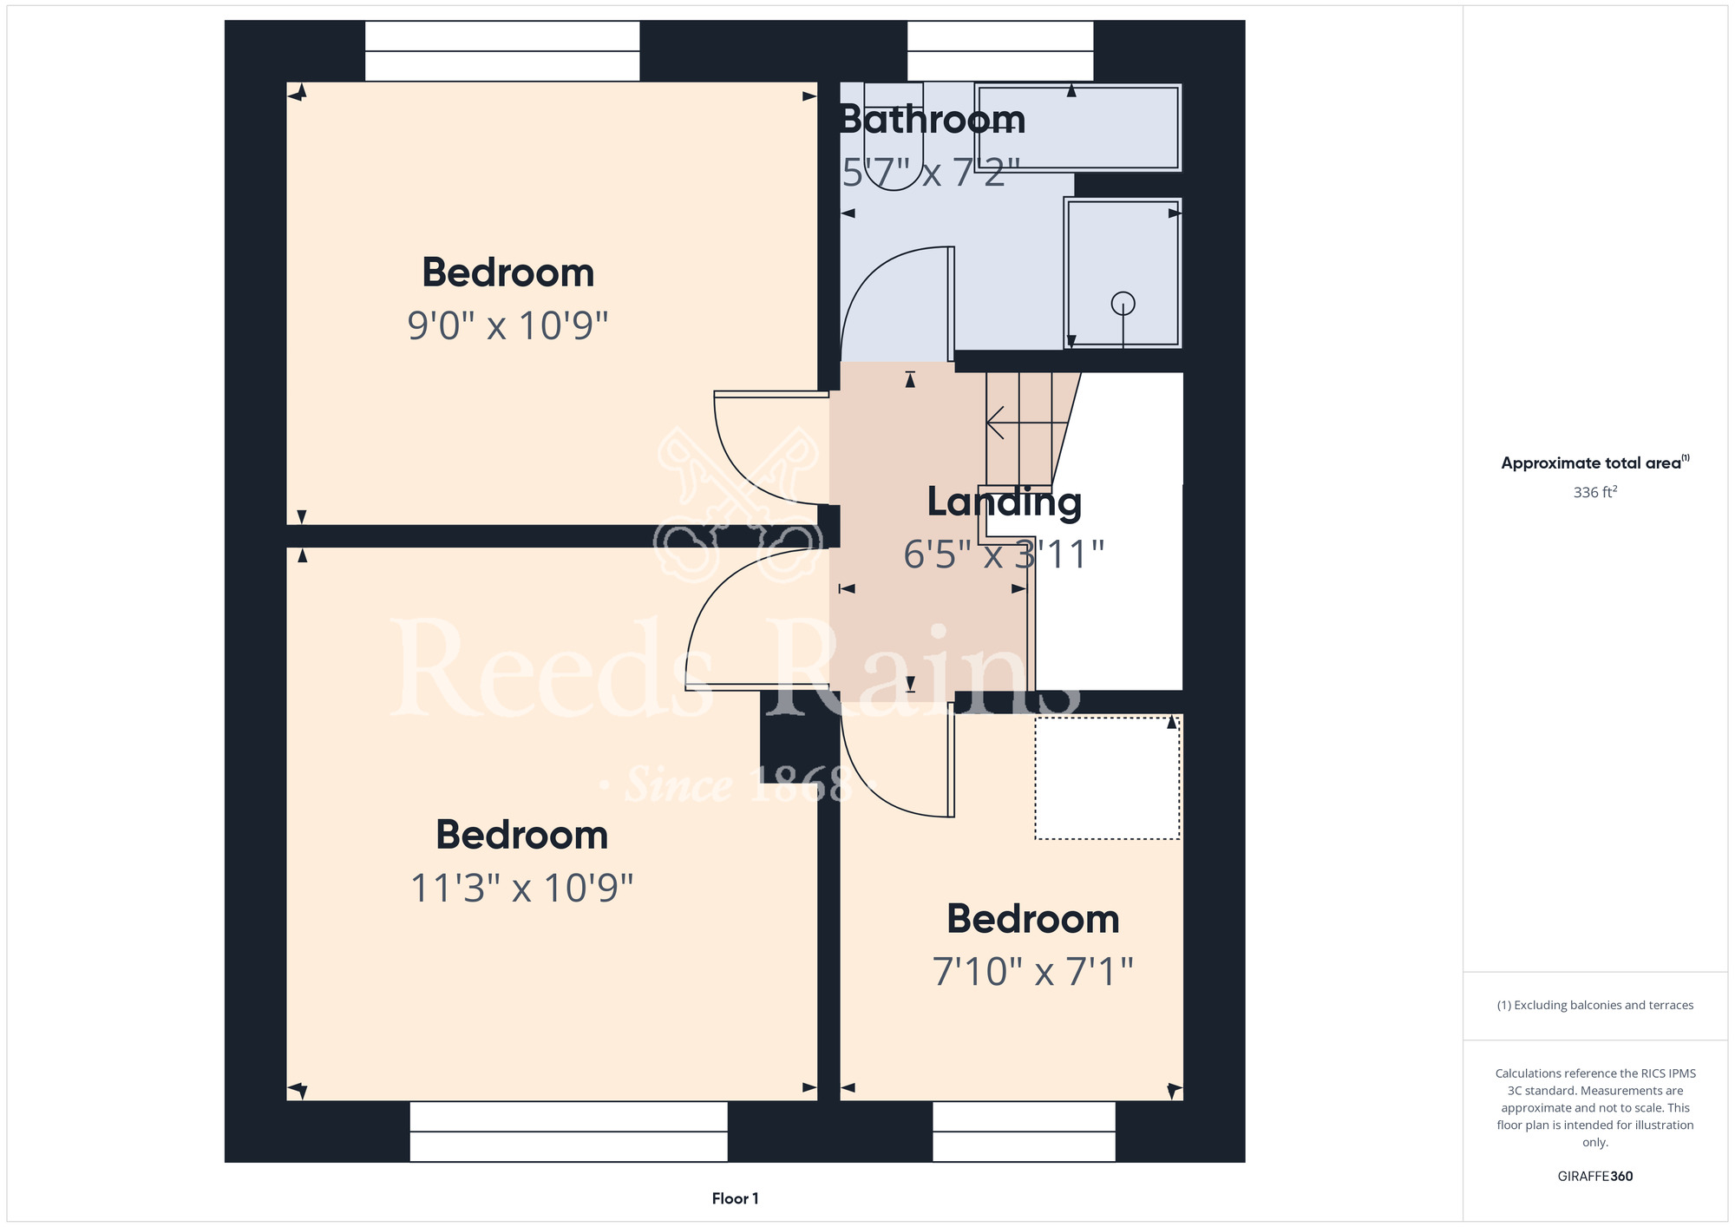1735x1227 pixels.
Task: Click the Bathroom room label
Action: [933, 119]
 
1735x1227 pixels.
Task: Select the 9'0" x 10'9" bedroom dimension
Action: [507, 326]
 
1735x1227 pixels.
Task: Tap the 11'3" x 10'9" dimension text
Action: [521, 889]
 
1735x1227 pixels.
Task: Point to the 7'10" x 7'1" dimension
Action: [1032, 972]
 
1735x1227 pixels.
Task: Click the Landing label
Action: [1005, 502]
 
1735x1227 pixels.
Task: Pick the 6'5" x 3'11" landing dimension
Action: [1004, 554]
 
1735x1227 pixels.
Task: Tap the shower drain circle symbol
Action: [1123, 304]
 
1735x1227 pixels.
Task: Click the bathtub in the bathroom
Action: [1077, 128]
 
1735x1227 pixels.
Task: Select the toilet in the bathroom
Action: [894, 135]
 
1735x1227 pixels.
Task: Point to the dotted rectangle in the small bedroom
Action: [1107, 778]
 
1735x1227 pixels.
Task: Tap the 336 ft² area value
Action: [1594, 492]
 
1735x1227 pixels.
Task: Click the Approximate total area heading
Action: [1594, 463]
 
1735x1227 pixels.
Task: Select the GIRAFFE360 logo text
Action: [1594, 1177]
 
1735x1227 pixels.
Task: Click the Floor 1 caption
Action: [735, 1198]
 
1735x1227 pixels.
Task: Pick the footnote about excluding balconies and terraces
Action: [1594, 1005]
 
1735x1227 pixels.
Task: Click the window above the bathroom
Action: [1000, 51]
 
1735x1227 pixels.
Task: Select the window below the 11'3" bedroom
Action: [568, 1132]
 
